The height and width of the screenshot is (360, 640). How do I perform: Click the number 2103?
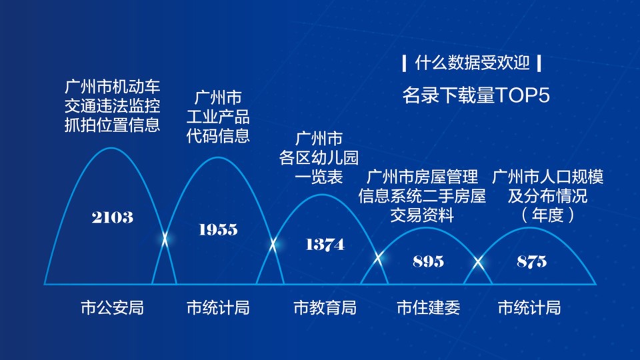pyautogui.click(x=112, y=217)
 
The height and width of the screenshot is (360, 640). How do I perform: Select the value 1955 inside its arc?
pyautogui.click(x=218, y=229)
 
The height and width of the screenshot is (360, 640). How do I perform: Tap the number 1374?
pyautogui.click(x=325, y=245)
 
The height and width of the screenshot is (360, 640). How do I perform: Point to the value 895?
pyautogui.click(x=428, y=261)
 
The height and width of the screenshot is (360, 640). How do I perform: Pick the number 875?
pyautogui.click(x=531, y=261)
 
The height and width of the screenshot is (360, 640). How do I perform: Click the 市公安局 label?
pyautogui.click(x=112, y=308)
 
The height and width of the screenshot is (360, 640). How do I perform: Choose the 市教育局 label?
pyautogui.click(x=325, y=308)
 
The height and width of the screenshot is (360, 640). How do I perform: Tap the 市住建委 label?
pyautogui.click(x=428, y=308)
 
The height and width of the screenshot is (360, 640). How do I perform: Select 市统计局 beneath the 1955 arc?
pyautogui.click(x=218, y=308)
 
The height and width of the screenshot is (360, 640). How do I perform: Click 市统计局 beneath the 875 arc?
pyautogui.click(x=529, y=308)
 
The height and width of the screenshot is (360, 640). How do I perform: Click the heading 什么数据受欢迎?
pyautogui.click(x=472, y=63)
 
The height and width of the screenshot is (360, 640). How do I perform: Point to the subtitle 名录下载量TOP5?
pyautogui.click(x=476, y=95)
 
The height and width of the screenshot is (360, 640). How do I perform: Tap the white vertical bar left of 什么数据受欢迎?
pyautogui.click(x=404, y=63)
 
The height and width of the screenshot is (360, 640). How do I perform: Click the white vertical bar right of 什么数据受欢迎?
pyautogui.click(x=539, y=63)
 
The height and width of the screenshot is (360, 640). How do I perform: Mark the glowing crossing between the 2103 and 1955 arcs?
pyautogui.click(x=165, y=239)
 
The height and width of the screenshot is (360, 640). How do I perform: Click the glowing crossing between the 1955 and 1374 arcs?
pyautogui.click(x=273, y=245)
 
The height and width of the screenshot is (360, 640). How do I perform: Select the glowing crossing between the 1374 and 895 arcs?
pyautogui.click(x=379, y=258)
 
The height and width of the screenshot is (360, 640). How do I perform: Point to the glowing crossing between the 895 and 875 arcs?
pyautogui.click(x=478, y=263)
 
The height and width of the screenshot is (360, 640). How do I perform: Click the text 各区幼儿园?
pyautogui.click(x=319, y=157)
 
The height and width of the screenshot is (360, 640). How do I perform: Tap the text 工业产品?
pyautogui.click(x=218, y=117)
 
